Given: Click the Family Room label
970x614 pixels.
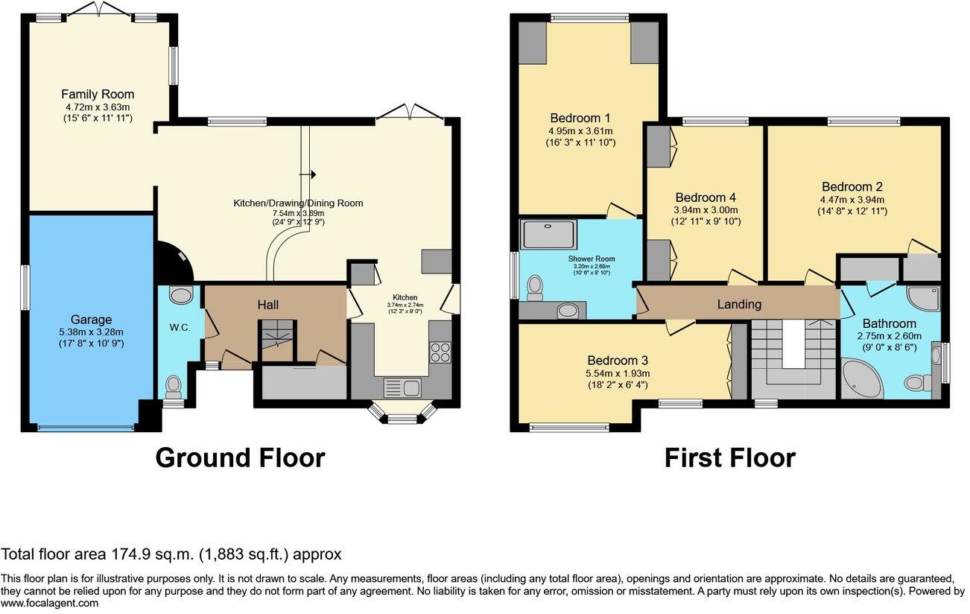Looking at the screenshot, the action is tap(98, 95).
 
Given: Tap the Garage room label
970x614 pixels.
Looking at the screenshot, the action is tap(92, 320).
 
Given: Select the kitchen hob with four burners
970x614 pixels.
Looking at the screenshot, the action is tap(440, 352).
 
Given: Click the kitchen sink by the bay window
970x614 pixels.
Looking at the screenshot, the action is tap(402, 387).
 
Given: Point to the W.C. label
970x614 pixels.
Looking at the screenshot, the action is tap(180, 328).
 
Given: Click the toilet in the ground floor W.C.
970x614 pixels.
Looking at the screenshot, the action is tap(174, 387).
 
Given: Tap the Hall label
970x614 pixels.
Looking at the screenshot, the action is tap(268, 305).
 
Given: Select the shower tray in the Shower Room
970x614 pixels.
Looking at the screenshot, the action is tap(548, 234).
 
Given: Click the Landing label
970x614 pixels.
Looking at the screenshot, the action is tap(739, 305).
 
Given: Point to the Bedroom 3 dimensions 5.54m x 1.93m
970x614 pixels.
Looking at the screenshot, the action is tap(618, 373).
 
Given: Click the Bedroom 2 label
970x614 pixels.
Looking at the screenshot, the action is tap(852, 186).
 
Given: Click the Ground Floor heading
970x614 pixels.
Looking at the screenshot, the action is tap(241, 458).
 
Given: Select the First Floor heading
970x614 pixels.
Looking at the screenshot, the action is tap(730, 458).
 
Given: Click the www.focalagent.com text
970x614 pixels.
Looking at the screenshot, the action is tap(49, 603).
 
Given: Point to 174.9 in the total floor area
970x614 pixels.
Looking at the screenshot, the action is tap(127, 554).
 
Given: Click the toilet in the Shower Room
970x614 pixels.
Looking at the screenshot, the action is tap(536, 288).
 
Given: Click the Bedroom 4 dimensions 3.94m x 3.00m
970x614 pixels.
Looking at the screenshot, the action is tap(706, 210).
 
